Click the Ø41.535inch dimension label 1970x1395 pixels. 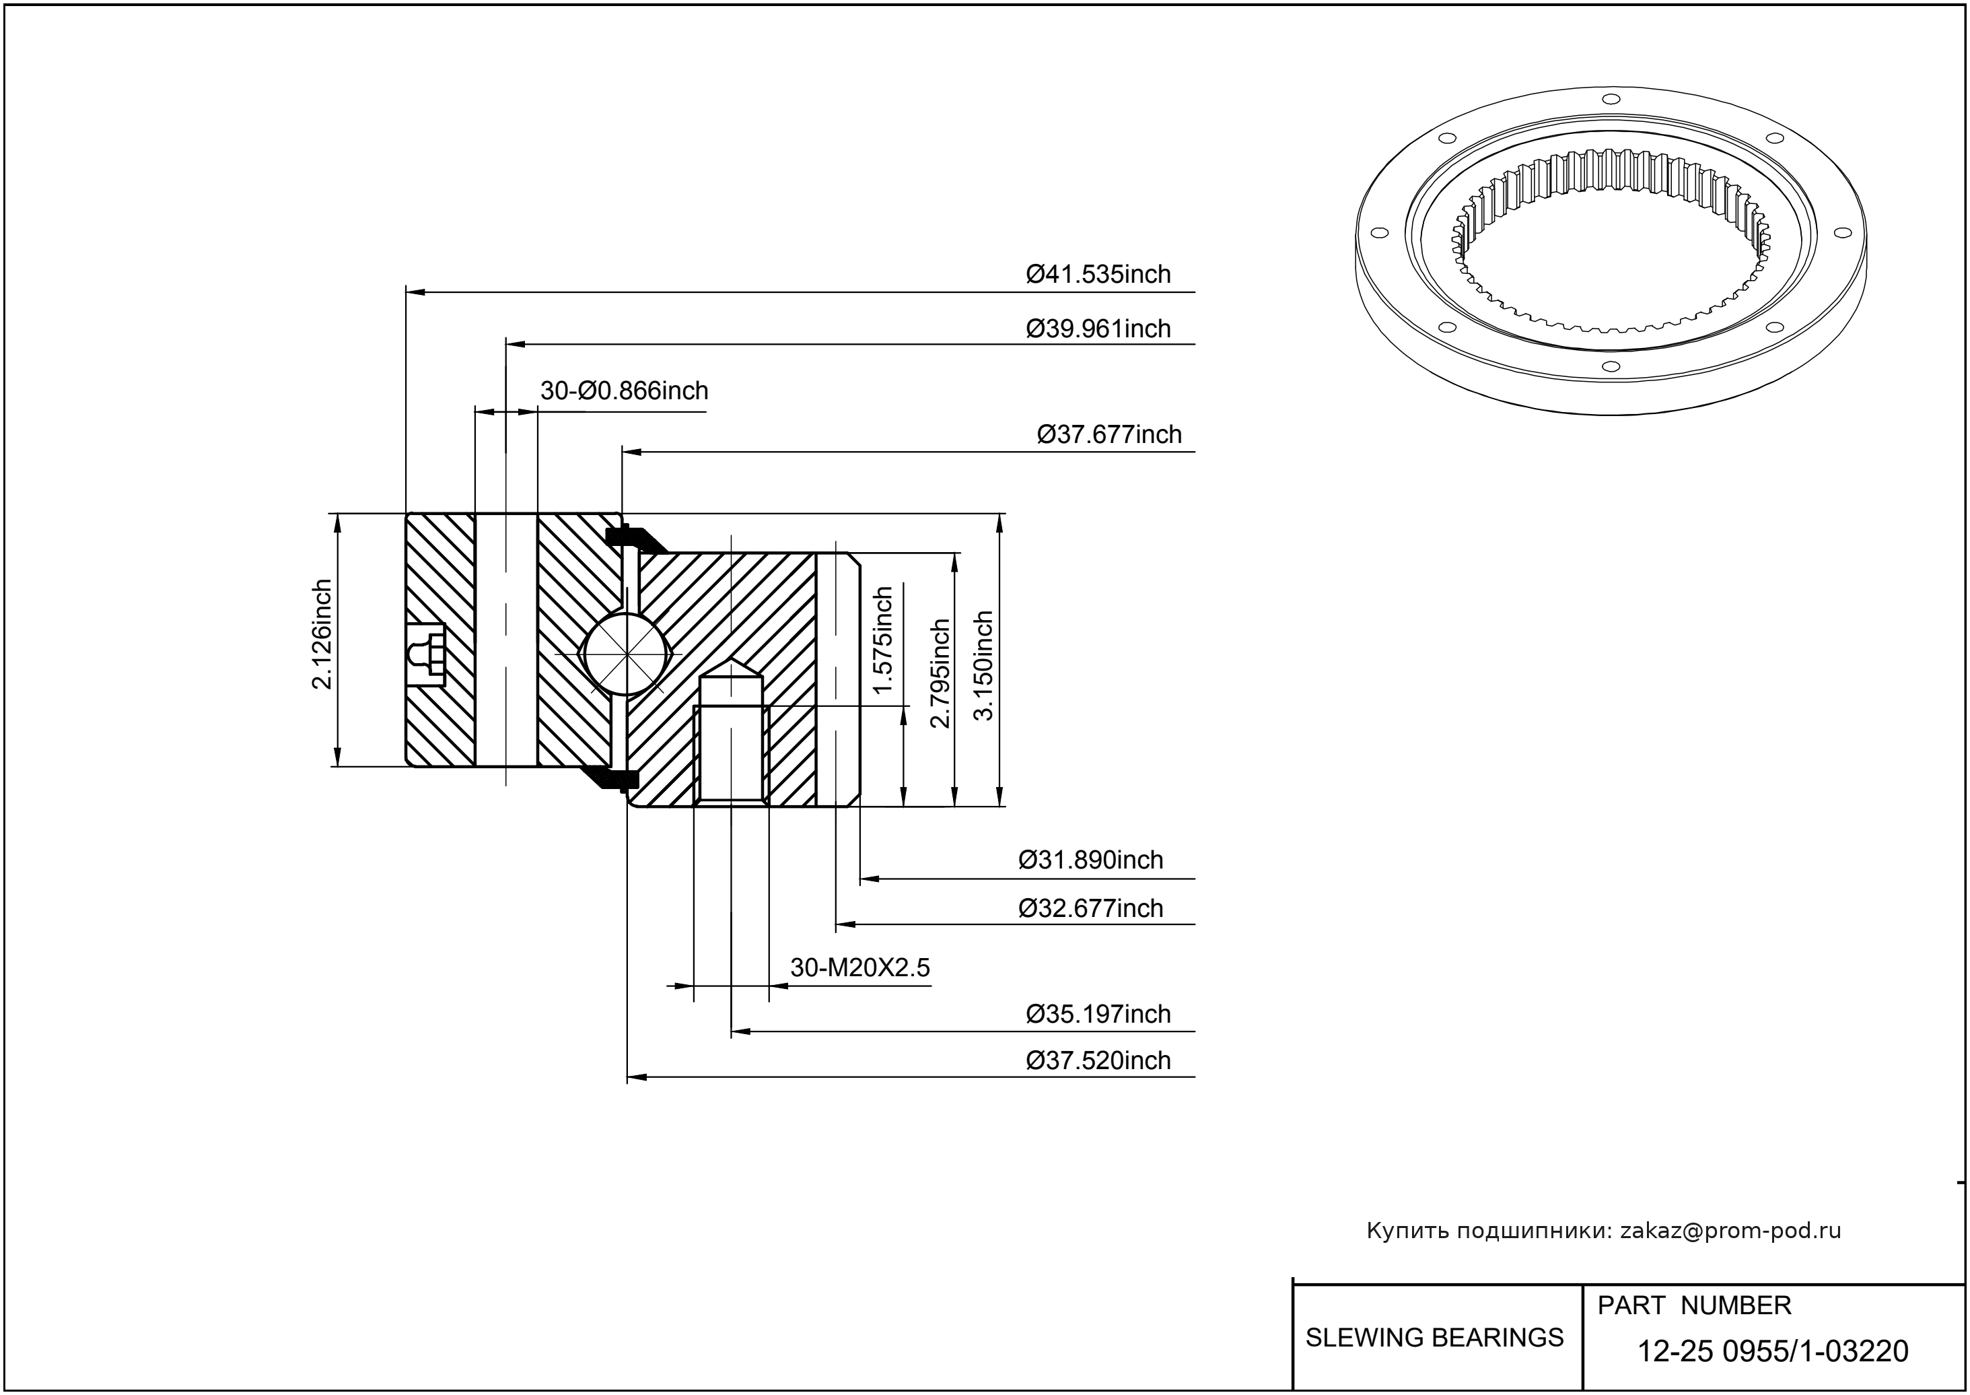[1098, 275]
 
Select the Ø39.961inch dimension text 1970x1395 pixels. [1098, 329]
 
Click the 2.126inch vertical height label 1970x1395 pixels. [322, 634]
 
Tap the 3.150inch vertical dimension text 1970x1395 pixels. [983, 666]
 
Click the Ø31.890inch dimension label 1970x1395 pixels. [1090, 860]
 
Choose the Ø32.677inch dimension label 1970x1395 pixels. [1090, 908]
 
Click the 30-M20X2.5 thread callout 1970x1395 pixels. [859, 968]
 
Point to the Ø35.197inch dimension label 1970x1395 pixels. [1098, 1015]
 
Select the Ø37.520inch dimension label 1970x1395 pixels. [1098, 1061]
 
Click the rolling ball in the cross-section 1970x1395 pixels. [627, 654]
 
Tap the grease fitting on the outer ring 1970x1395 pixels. [427, 654]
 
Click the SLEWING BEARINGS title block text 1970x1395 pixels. [1434, 1338]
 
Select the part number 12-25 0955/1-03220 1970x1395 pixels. [1773, 1351]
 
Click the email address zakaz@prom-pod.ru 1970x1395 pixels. [1730, 1231]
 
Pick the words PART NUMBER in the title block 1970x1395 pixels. [1693, 1305]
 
